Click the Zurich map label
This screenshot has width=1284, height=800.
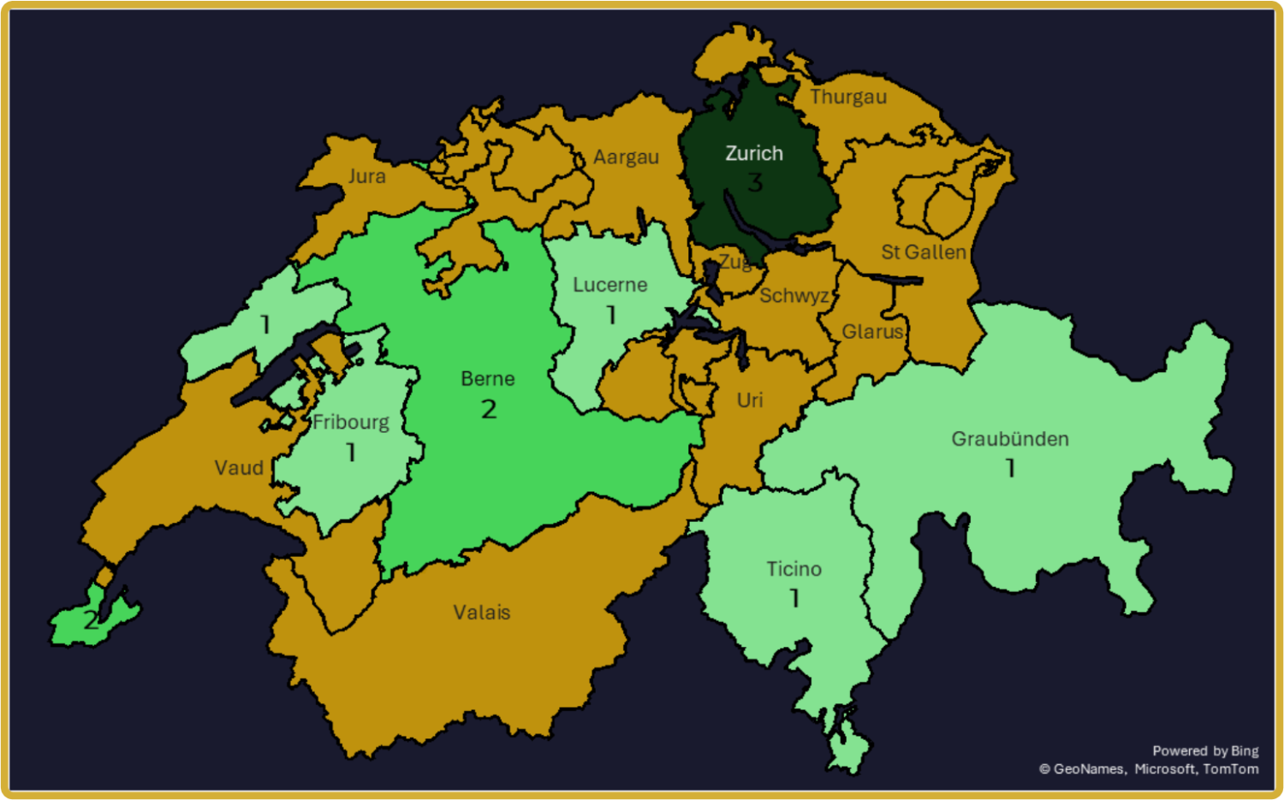coord(754,154)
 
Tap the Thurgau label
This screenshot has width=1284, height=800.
coord(848,97)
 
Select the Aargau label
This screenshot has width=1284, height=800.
coord(626,157)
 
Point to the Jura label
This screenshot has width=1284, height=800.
coord(366,176)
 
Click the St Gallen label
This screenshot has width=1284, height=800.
coord(924,252)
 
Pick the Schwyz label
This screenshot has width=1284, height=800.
coord(794,296)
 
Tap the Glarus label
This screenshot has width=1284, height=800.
coord(872,332)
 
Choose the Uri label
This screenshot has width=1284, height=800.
coord(750,400)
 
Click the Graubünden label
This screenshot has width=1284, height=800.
coord(1010,439)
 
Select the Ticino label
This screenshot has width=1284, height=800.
coord(794,569)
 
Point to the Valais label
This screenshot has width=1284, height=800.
coord(482,613)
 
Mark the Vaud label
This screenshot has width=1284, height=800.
coord(239,468)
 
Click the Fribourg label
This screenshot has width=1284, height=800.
coord(351,422)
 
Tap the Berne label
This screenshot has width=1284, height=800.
coord(488,379)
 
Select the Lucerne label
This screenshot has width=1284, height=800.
coord(610,285)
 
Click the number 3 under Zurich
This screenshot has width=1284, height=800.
coord(755,182)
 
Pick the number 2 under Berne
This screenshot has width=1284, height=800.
coord(489,410)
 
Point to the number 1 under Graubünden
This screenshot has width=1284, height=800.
coord(1011,469)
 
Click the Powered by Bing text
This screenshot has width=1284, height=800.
coord(1205,751)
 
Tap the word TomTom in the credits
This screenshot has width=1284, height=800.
coord(1231,769)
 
